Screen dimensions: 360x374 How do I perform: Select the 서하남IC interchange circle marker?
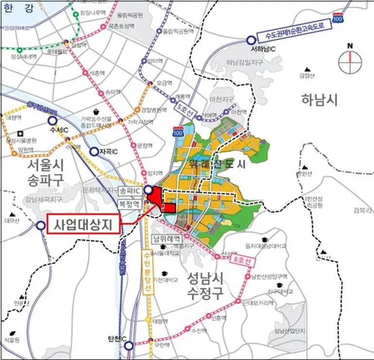251,40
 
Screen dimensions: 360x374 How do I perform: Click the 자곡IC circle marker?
94,152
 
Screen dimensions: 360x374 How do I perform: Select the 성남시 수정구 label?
206,285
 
